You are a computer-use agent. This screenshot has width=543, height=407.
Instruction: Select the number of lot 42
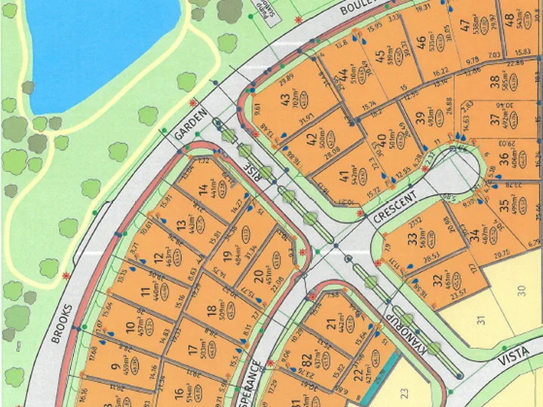311,139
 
